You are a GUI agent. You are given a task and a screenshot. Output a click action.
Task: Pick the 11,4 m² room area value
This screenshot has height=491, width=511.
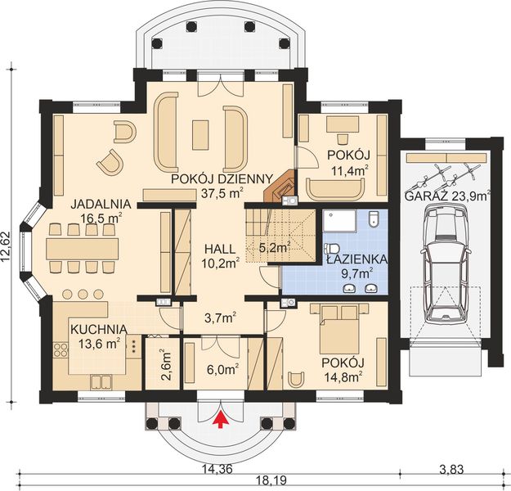[x=349, y=169]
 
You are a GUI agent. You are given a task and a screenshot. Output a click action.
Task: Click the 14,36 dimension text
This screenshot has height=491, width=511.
[x=212, y=469]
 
